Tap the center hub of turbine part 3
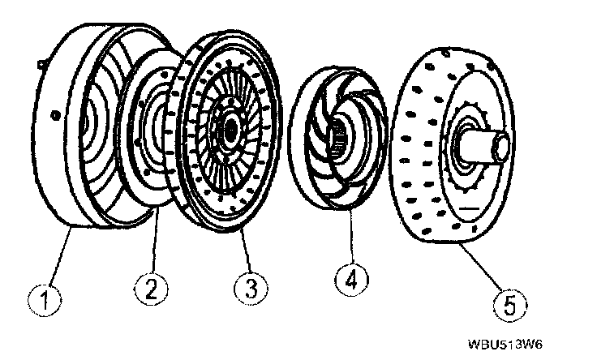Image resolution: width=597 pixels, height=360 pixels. (x=229, y=128)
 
